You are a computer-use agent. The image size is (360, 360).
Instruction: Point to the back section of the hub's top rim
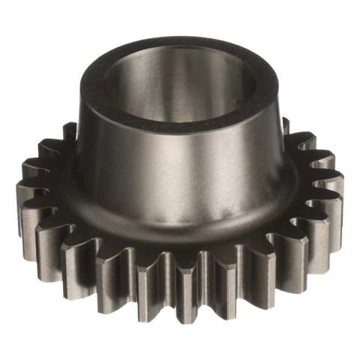click(184, 39)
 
